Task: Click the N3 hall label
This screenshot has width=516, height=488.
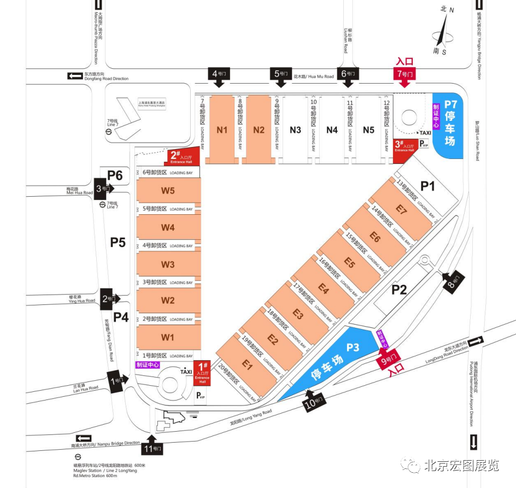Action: pos(295,130)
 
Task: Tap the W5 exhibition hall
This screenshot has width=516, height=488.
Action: pos(168,191)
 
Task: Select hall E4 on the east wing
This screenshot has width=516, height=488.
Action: pos(323,289)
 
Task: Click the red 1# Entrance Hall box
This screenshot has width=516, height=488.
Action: pos(202,374)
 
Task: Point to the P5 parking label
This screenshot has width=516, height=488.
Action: pos(118,242)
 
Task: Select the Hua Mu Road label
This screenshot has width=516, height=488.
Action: pos(314,77)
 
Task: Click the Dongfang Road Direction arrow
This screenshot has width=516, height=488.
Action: pos(74,75)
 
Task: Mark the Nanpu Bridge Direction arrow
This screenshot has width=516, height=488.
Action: pos(84,438)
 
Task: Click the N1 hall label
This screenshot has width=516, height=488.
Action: pos(222,130)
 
